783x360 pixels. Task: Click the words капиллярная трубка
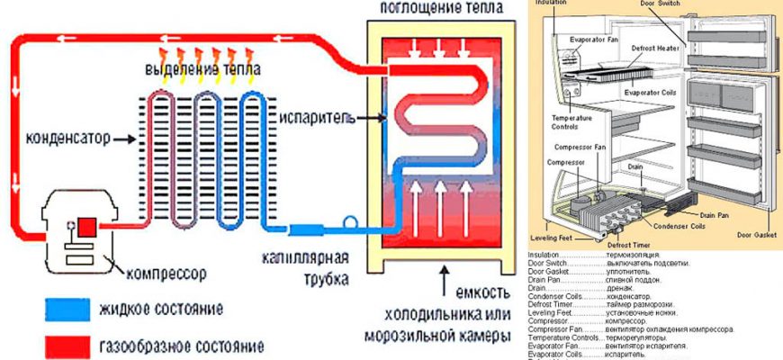(306, 269)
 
